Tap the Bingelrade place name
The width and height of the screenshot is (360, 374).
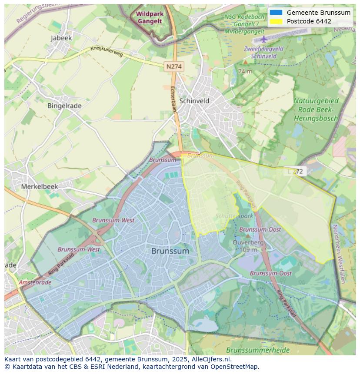pyautogui.click(x=64, y=106)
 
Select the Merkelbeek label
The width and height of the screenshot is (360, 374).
pyautogui.click(x=40, y=186)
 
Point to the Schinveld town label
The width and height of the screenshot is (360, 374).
pyautogui.click(x=194, y=101)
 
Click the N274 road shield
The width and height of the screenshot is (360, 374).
pyautogui.click(x=174, y=66)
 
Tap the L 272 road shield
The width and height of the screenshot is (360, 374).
pyautogui.click(x=296, y=171)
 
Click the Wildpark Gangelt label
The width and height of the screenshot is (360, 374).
pyautogui.click(x=150, y=17)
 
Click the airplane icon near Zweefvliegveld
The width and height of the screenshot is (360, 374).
pyautogui.click(x=264, y=40)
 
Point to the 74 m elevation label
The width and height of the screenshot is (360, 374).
pyautogui.click(x=245, y=71)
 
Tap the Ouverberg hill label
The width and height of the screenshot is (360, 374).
pyautogui.click(x=248, y=242)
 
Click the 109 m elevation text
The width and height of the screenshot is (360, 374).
pyautogui.click(x=248, y=249)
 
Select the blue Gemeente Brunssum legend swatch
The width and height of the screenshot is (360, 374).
pyautogui.click(x=276, y=13)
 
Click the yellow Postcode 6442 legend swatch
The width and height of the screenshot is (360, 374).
pyautogui.click(x=276, y=21)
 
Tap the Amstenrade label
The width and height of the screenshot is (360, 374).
pyautogui.click(x=35, y=282)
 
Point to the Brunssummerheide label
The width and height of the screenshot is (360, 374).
pyautogui.click(x=252, y=350)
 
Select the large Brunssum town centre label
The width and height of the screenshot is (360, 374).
pyautogui.click(x=170, y=251)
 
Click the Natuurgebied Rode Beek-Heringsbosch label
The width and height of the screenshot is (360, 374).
pyautogui.click(x=316, y=109)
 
